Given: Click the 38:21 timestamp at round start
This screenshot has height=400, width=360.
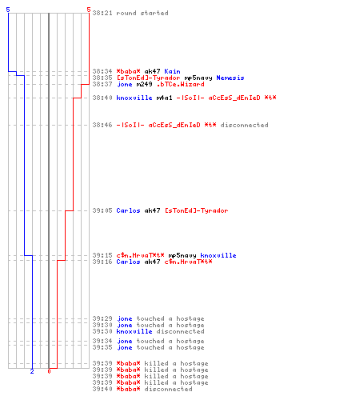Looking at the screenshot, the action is click(102, 13).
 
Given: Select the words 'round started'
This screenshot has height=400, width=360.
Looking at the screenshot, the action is click(142, 13).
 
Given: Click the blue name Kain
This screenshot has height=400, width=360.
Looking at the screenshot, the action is click(172, 71).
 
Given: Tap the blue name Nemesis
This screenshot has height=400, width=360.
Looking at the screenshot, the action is click(230, 78).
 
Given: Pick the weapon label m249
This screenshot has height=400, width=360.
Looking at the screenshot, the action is click(144, 84).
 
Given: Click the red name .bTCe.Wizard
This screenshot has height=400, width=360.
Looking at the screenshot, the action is click(181, 84).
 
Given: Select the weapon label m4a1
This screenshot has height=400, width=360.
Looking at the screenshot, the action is click(164, 98).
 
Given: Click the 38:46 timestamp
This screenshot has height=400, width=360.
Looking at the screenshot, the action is click(102, 125).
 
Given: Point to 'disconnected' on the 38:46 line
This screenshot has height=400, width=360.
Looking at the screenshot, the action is click(244, 125).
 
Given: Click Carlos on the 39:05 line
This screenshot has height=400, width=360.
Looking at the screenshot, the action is click(128, 210).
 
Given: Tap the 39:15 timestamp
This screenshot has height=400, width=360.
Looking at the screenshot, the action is click(102, 255).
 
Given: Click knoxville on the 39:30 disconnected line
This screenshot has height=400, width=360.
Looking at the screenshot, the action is click(134, 331).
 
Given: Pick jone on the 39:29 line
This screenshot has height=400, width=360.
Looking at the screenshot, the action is click(124, 318).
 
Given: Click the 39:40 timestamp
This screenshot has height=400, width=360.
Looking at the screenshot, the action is click(102, 389).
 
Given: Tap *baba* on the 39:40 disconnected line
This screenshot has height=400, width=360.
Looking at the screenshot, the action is click(128, 389).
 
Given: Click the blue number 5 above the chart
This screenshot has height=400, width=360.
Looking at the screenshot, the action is click(8, 10).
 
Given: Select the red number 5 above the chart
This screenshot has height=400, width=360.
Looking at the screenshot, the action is click(89, 10).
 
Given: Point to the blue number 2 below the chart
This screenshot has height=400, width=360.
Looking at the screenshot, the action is click(32, 371).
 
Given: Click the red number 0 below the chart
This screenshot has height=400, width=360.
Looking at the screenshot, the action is click(49, 371).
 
